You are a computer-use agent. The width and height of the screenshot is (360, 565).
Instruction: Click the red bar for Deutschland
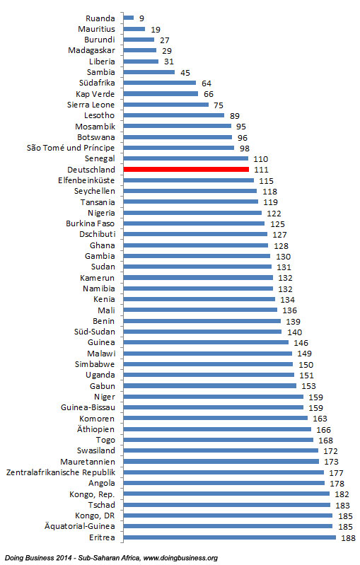[x=185, y=170]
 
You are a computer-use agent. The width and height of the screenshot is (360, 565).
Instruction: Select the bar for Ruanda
[x=128, y=17]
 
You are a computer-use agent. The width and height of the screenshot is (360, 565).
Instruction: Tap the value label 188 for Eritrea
[x=349, y=538]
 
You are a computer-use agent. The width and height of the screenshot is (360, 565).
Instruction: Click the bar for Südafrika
[x=159, y=83]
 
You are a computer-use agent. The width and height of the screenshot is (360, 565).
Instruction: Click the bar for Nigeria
[x=192, y=213]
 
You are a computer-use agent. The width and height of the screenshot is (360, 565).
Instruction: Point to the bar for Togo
[x=218, y=439]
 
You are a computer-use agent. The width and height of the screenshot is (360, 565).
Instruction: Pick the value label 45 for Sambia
[x=185, y=72]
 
